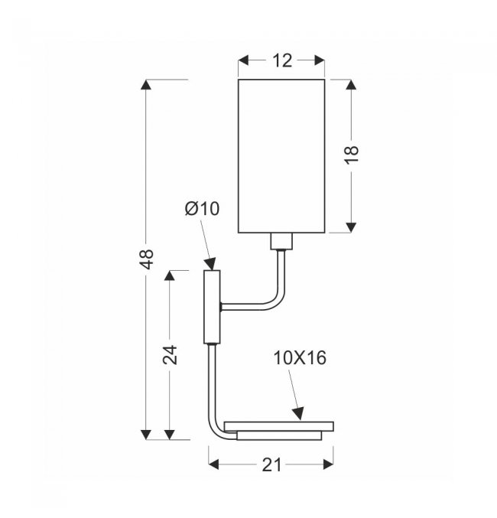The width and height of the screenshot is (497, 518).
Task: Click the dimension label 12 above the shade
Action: (x=282, y=60)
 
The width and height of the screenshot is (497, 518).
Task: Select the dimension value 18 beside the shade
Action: (x=352, y=155)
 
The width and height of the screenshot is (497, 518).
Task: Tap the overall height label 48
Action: (x=147, y=259)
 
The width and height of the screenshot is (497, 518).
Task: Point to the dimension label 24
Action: (x=171, y=355)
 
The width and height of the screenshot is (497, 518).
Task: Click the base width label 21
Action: (x=271, y=465)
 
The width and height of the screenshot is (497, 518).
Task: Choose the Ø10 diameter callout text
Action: (x=202, y=209)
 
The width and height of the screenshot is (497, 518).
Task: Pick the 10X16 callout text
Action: (x=300, y=358)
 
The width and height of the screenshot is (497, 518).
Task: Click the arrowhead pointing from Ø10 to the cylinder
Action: (x=210, y=264)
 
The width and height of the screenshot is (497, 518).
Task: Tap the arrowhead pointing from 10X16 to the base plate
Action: (x=297, y=414)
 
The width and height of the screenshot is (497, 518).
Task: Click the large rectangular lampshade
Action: (x=281, y=156)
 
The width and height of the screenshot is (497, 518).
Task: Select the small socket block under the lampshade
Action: (x=281, y=241)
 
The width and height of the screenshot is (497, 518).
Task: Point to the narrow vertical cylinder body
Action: (x=212, y=307)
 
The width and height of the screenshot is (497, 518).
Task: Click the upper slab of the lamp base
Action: (x=279, y=426)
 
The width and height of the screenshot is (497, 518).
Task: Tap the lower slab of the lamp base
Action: (x=279, y=435)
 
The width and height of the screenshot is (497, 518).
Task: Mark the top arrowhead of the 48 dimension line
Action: (x=145, y=85)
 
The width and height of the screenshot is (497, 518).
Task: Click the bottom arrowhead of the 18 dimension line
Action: (x=351, y=227)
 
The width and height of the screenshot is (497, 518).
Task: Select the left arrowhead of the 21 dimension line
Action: (x=214, y=464)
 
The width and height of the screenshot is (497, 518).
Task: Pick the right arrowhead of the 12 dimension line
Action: (x=320, y=60)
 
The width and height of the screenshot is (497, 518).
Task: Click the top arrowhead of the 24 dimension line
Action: (x=170, y=276)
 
